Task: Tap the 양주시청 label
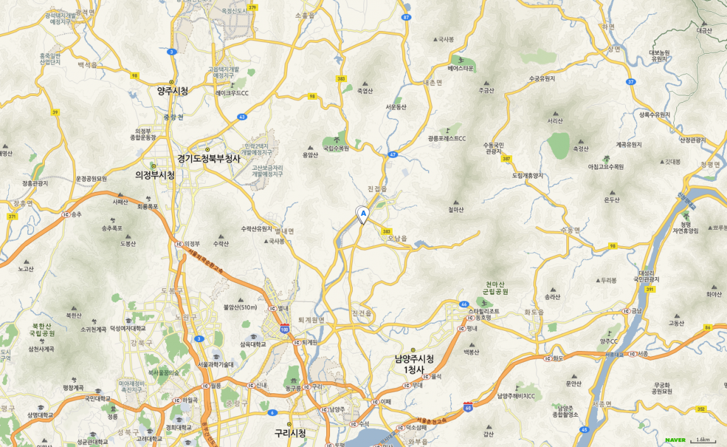click(173, 91)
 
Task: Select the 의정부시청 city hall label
click(155, 175)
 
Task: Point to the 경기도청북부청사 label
click(209, 158)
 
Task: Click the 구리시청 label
click(290, 433)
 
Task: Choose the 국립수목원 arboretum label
click(336, 148)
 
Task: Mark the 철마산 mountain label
click(456, 210)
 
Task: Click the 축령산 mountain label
click(580, 149)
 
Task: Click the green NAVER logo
click(675, 440)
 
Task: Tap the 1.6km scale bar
click(703, 440)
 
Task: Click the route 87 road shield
click(406, 17)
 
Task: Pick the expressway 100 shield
click(284, 329)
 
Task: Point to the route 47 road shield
click(393, 154)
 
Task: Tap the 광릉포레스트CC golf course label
click(446, 138)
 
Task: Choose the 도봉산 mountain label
click(128, 243)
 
